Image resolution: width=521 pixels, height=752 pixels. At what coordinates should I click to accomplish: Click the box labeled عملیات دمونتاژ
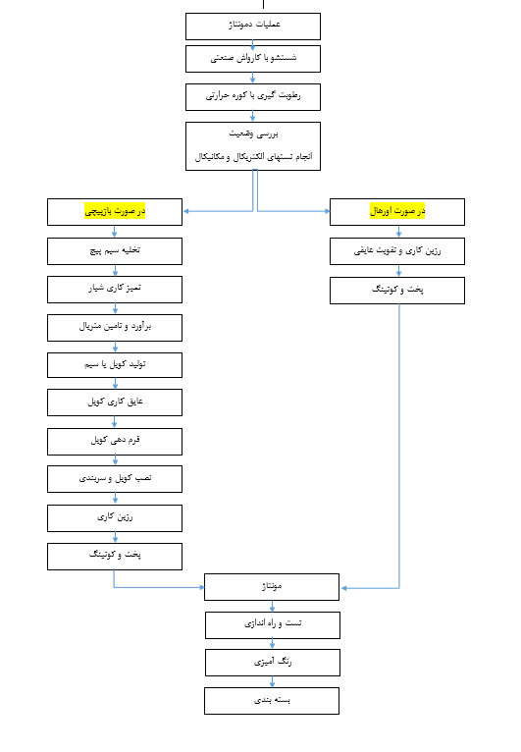[x=253, y=27]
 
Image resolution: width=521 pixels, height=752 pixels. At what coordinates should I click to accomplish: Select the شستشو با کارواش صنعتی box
[x=253, y=59]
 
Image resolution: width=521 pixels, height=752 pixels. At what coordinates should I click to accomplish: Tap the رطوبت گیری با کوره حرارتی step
[x=253, y=97]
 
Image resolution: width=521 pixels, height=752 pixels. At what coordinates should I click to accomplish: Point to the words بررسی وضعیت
[x=253, y=134]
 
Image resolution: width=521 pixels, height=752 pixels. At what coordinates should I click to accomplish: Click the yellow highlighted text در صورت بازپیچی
[x=115, y=211]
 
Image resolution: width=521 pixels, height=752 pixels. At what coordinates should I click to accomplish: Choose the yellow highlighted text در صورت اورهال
[x=397, y=211]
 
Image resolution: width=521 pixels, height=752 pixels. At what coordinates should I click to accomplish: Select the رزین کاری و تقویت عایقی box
[x=397, y=251]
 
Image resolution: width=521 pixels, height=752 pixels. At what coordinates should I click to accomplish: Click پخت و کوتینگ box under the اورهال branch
[x=397, y=291]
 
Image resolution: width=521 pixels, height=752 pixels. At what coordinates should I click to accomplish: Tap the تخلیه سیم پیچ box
[x=115, y=251]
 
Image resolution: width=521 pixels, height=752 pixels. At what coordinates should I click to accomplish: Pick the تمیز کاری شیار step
[x=115, y=290]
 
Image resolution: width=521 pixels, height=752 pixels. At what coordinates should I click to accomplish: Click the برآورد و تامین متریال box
[x=115, y=328]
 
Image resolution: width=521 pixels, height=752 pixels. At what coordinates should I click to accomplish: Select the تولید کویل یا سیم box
[x=115, y=365]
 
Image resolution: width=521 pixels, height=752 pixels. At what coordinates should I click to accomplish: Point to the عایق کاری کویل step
[x=115, y=403]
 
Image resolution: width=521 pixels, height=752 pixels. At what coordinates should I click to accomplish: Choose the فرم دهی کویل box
[x=115, y=442]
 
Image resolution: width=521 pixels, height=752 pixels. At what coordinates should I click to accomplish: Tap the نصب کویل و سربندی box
[x=115, y=479]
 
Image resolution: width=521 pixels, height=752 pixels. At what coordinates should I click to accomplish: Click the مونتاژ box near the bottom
[x=272, y=587]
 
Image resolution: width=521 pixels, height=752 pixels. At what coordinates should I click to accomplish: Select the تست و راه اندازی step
[x=273, y=625]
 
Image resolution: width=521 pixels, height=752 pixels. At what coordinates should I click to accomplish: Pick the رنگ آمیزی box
[x=273, y=663]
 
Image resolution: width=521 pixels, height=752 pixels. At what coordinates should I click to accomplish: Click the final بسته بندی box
[x=272, y=701]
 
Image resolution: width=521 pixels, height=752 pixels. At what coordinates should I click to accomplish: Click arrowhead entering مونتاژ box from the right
[x=343, y=588]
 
